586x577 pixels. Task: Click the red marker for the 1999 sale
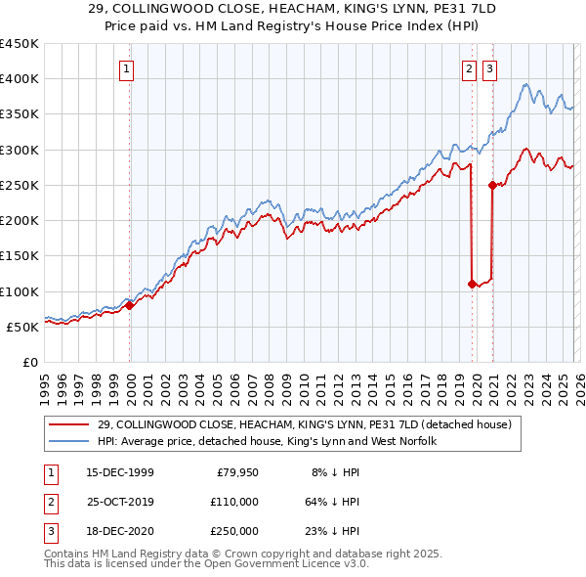(x=130, y=305)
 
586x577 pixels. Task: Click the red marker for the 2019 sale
(x=472, y=284)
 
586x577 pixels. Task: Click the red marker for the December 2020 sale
(x=492, y=185)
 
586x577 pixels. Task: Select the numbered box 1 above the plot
(x=128, y=68)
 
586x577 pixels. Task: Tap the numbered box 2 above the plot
(x=470, y=68)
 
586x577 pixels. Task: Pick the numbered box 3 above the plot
(x=488, y=68)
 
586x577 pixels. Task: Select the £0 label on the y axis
(x=31, y=363)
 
